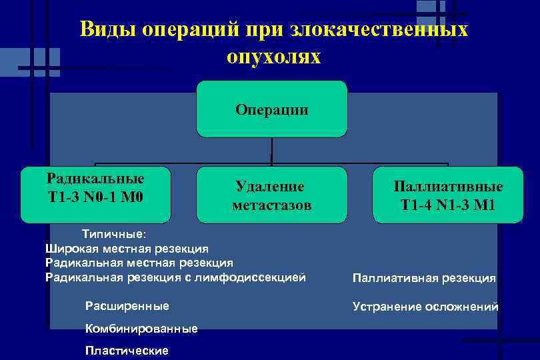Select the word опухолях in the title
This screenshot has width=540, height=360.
(273, 57)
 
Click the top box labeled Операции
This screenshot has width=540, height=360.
(271, 109)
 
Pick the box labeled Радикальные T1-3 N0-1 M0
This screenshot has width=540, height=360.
(95, 194)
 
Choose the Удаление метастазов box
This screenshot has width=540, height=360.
(271, 195)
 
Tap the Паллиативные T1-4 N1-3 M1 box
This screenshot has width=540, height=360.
(447, 195)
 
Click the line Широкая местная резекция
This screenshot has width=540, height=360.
(127, 249)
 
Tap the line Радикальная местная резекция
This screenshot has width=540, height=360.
(139, 263)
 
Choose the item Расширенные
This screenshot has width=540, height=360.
(127, 306)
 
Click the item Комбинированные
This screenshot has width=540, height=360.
(141, 329)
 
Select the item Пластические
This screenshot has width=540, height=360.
(127, 351)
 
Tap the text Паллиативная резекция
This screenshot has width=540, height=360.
(424, 278)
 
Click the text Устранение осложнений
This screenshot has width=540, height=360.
(425, 307)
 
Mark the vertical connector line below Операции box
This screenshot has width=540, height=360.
(271, 151)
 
